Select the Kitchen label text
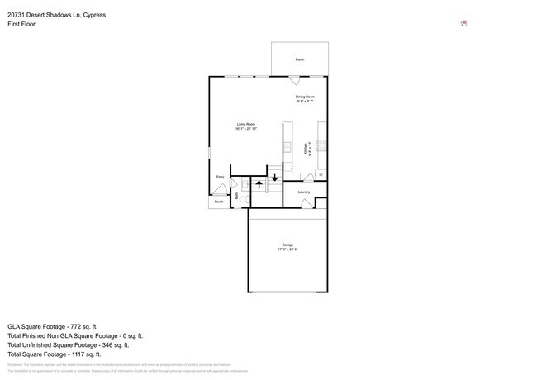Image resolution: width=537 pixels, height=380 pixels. pos(306,149)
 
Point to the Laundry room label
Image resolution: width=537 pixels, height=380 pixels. pos(304,192)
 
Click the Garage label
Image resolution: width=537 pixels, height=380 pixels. pos(288,246)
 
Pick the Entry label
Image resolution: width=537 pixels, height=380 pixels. pos(220,177)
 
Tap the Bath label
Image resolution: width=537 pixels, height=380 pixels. pos(237,196)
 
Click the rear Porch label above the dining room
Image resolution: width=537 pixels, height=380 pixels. pos(300,60)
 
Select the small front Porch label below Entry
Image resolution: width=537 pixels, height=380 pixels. pos(219,202)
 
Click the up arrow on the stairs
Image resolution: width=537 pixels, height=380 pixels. pos(258,184)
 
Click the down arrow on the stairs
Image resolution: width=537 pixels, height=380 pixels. pos(274,177)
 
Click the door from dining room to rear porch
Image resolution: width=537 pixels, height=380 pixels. pos(293,80)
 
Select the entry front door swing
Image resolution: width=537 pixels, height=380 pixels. pos(219,189)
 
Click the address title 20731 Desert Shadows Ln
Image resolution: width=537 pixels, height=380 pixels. pos(56,15)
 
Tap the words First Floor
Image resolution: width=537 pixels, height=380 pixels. pos(21,24)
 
